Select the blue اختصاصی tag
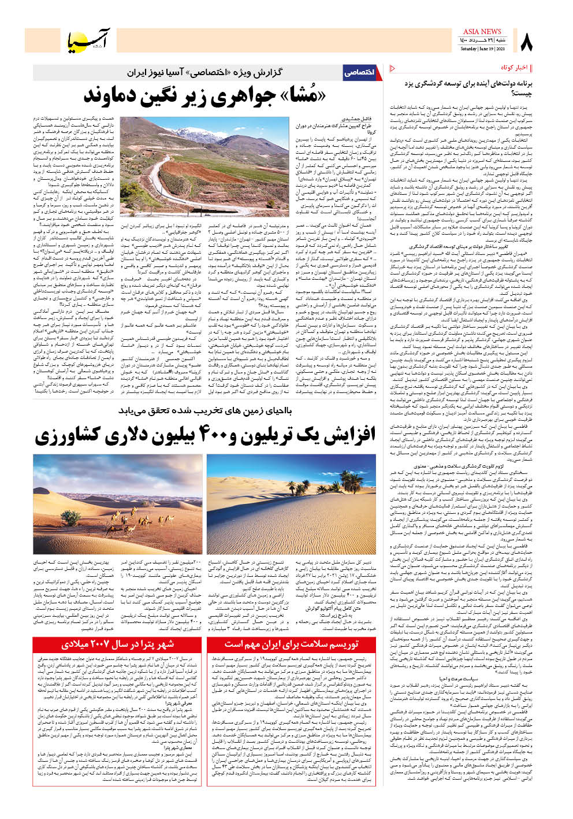pyautogui.click(x=359, y=72)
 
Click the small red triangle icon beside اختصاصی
pyautogui.click(x=393, y=68)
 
